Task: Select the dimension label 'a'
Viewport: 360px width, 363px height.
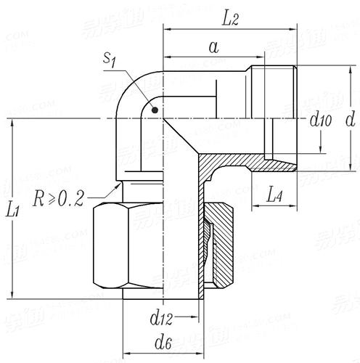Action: click(x=213, y=47)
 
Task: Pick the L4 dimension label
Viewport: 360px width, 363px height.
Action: click(x=274, y=194)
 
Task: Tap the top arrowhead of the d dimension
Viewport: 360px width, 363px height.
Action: click(x=350, y=68)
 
